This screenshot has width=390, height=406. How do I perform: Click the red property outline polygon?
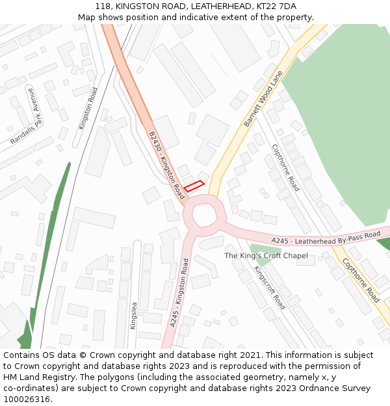[x=194, y=186]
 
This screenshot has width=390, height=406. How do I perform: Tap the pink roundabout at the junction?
[x=204, y=215]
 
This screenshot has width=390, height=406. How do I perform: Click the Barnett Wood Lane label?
[x=263, y=99]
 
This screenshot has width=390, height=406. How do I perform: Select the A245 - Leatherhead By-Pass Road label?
[x=326, y=238]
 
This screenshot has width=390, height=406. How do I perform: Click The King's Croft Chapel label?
[x=266, y=256]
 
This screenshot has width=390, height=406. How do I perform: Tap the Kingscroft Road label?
[x=269, y=288]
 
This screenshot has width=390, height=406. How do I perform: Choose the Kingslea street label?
[x=133, y=316]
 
